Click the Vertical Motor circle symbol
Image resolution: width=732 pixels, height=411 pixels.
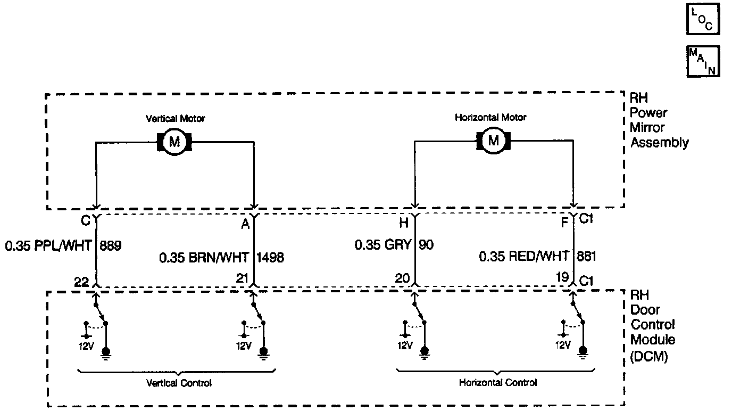click(174, 142)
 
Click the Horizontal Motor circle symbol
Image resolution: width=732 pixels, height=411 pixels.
click(494, 141)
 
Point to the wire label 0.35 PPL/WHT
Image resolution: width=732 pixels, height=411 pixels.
click(48, 246)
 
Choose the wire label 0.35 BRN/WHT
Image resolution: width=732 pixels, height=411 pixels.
click(204, 258)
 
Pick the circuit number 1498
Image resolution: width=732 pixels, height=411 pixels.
click(271, 258)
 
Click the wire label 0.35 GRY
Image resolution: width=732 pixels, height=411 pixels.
click(383, 245)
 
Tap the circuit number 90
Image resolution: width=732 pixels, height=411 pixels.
click(427, 245)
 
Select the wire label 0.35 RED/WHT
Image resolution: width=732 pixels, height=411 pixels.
click(524, 257)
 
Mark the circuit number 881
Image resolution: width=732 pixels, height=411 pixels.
click(586, 257)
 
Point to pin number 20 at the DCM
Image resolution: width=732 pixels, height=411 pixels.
click(402, 278)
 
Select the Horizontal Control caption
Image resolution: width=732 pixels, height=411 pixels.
click(498, 382)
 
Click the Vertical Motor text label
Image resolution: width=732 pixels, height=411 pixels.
click(176, 119)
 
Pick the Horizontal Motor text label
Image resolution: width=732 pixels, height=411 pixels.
click(490, 117)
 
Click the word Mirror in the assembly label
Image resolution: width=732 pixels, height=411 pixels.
click(644, 128)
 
